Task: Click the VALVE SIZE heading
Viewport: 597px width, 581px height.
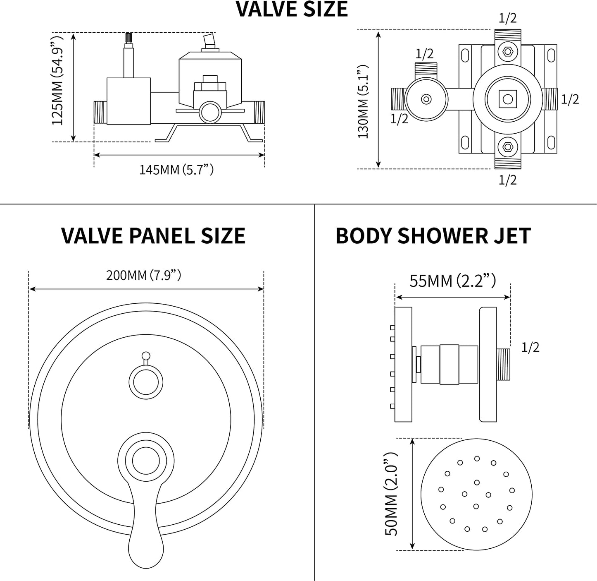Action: click(x=292, y=9)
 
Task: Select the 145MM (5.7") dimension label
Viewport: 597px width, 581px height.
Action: click(x=176, y=170)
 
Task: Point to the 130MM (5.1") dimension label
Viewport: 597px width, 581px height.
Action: click(x=363, y=101)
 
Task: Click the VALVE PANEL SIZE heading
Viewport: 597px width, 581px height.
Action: click(x=153, y=236)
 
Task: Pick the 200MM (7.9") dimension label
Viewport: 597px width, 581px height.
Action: click(x=143, y=275)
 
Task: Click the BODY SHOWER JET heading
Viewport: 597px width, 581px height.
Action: click(x=433, y=236)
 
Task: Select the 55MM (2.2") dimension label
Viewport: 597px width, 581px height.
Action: click(x=452, y=281)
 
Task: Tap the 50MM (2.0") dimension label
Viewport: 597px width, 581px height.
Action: click(x=391, y=494)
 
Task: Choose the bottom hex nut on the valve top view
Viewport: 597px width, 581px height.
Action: click(x=507, y=146)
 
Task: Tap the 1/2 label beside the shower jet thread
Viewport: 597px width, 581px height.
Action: click(x=530, y=348)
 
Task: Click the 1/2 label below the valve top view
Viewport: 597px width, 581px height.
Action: click(x=507, y=180)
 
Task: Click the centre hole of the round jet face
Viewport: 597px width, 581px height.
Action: click(x=477, y=483)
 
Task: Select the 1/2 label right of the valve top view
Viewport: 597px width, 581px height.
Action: click(x=570, y=99)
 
